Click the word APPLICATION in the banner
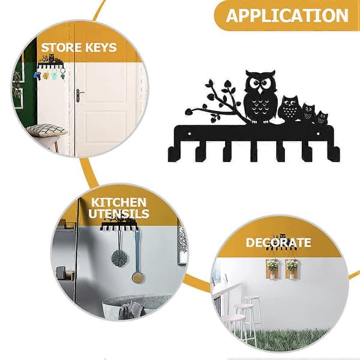click(287, 16)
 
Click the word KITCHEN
click(119, 202)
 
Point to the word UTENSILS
click(119, 213)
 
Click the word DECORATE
click(278, 242)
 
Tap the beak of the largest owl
click(260, 91)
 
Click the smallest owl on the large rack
click(322, 118)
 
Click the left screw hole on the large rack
click(190, 133)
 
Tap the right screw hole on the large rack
click(318, 133)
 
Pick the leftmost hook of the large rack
click(173, 154)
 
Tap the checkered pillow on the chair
click(47, 130)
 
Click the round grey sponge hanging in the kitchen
click(121, 257)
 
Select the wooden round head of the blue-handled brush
click(138, 277)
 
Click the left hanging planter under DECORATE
click(272, 269)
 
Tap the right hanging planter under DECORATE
click(292, 269)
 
